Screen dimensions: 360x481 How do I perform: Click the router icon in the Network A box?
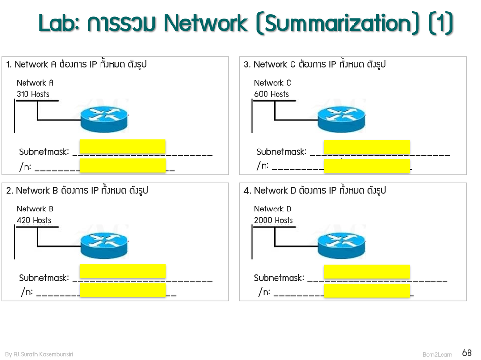pos(104,119)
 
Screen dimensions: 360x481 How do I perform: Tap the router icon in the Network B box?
pos(104,245)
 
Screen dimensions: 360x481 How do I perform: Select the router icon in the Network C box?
pos(342,119)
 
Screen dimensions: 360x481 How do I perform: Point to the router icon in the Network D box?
pos(342,245)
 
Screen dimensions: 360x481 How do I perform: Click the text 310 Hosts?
pos(33,94)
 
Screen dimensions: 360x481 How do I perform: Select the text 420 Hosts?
pos(34,220)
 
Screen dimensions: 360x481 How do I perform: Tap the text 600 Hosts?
pos(271,94)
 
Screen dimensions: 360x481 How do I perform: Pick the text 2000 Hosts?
pos(273,220)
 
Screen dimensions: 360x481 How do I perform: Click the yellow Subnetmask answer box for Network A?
pos(123,147)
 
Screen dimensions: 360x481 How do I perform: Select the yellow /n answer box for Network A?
pos(123,166)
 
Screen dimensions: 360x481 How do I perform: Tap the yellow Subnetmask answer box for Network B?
pos(123,271)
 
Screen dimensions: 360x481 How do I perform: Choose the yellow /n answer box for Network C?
pos(367,166)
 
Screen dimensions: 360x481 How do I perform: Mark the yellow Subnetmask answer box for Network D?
pos(367,272)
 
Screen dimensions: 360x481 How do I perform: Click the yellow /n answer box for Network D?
pos(367,291)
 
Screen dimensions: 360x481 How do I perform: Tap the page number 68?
pos(467,353)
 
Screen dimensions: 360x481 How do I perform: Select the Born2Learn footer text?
pos(437,355)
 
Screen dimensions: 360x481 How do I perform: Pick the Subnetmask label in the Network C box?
pos(281,152)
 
